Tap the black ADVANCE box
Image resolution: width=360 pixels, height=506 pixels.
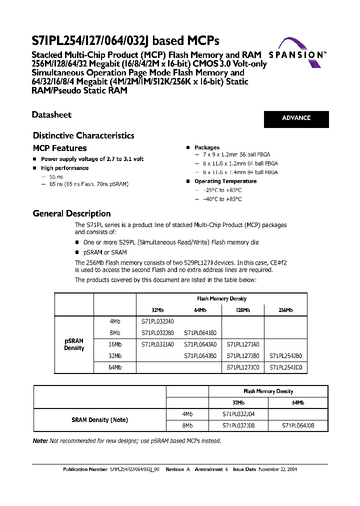296,118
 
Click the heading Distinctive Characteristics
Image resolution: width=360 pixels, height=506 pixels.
83,135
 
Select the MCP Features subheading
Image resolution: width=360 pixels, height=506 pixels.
59,148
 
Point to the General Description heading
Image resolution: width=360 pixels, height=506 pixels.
71,213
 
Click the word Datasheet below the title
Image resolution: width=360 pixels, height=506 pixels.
51,115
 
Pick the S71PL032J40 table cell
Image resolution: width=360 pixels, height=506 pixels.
157,321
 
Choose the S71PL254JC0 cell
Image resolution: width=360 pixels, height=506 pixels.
285,367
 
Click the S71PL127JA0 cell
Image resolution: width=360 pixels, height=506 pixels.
242,344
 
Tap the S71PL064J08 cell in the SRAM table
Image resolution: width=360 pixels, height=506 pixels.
298,425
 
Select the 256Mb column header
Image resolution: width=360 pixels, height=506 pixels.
285,310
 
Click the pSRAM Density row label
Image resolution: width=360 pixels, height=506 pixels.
74,344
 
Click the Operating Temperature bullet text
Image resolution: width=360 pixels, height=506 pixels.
225,181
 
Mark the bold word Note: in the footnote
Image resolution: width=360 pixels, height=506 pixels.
40,441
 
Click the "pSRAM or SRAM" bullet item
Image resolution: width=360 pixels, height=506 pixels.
105,252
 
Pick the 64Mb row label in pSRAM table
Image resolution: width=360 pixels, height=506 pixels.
115,367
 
